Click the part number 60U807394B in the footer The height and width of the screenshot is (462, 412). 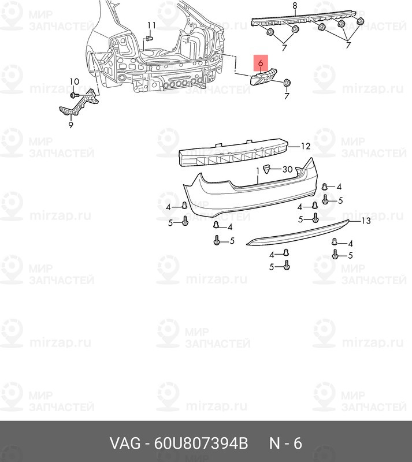[x=201, y=443]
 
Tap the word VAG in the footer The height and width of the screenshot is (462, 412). [x=125, y=443]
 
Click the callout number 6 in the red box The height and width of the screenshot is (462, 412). [x=261, y=63]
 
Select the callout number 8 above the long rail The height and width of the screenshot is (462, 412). [x=295, y=6]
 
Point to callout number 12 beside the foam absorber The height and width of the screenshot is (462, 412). [x=306, y=146]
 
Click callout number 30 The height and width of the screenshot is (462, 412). [x=287, y=169]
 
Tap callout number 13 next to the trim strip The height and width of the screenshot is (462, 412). [x=366, y=221]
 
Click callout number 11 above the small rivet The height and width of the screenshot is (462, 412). [x=151, y=25]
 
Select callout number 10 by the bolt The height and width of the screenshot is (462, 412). [x=75, y=81]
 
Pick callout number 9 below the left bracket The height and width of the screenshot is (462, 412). [x=70, y=125]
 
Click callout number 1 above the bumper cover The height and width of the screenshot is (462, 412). [x=258, y=170]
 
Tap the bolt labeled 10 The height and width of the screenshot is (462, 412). [x=73, y=95]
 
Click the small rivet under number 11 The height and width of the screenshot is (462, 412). [x=150, y=39]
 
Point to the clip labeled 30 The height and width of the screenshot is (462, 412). [x=266, y=169]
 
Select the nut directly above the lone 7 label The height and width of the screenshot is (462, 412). [x=287, y=83]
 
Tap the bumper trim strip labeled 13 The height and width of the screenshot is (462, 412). [x=298, y=233]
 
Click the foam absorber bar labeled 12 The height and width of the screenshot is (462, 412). [x=233, y=154]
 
